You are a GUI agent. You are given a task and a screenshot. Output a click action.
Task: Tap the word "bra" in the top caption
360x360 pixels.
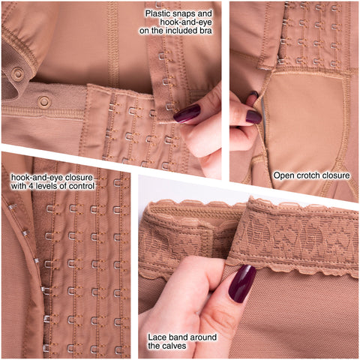205,31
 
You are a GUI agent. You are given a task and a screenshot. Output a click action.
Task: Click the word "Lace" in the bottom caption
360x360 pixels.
157,337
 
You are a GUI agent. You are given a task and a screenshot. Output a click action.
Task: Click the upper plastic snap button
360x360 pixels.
17,73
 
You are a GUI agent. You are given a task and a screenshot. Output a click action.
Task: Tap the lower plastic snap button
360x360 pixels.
44,101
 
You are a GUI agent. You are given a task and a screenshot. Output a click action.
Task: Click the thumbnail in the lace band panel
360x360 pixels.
242,283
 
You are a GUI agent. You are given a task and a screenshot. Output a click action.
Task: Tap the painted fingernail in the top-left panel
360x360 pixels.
187,113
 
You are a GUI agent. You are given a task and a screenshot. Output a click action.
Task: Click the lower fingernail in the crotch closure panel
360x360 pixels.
253,117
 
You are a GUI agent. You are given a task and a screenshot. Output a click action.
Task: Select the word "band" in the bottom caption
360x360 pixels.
178,337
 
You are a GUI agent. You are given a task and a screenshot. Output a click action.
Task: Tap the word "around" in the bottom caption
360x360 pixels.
202,337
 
